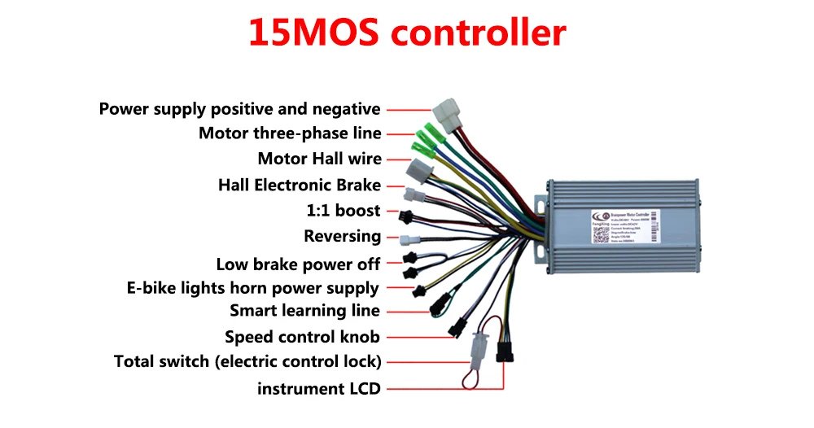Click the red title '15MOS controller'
pyautogui.click(x=406, y=34)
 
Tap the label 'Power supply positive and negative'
pyautogui.click(x=239, y=109)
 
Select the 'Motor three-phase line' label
pyautogui.click(x=290, y=133)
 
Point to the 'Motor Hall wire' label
pyautogui.click(x=319, y=159)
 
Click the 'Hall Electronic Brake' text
pyautogui.click(x=300, y=186)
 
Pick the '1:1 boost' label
pyautogui.click(x=344, y=211)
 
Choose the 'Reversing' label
pyautogui.click(x=342, y=237)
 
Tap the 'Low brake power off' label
pyautogui.click(x=298, y=264)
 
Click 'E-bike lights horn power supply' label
pyautogui.click(x=253, y=288)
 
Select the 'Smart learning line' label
pyautogui.click(x=304, y=311)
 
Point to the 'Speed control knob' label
pyautogui.click(x=302, y=337)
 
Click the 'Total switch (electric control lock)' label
pyautogui.click(x=247, y=361)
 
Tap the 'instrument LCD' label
pyautogui.click(x=318, y=389)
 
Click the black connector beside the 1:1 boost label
pyautogui.click(x=405, y=217)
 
